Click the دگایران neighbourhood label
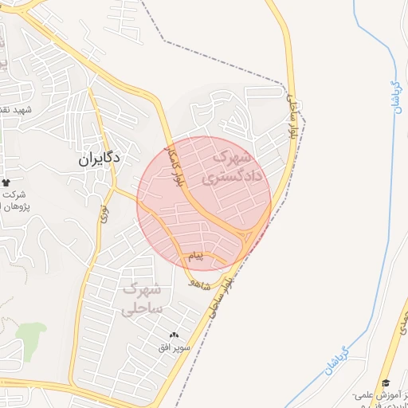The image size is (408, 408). tap(100, 159)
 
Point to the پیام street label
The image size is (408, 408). tap(194, 257)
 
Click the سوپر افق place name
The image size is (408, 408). tap(175, 349)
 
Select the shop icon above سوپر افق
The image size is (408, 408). tap(175, 335)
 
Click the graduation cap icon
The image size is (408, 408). tap(386, 384)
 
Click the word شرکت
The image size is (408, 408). tap(14, 195)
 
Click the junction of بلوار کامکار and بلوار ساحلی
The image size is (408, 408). tap(249, 237)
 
